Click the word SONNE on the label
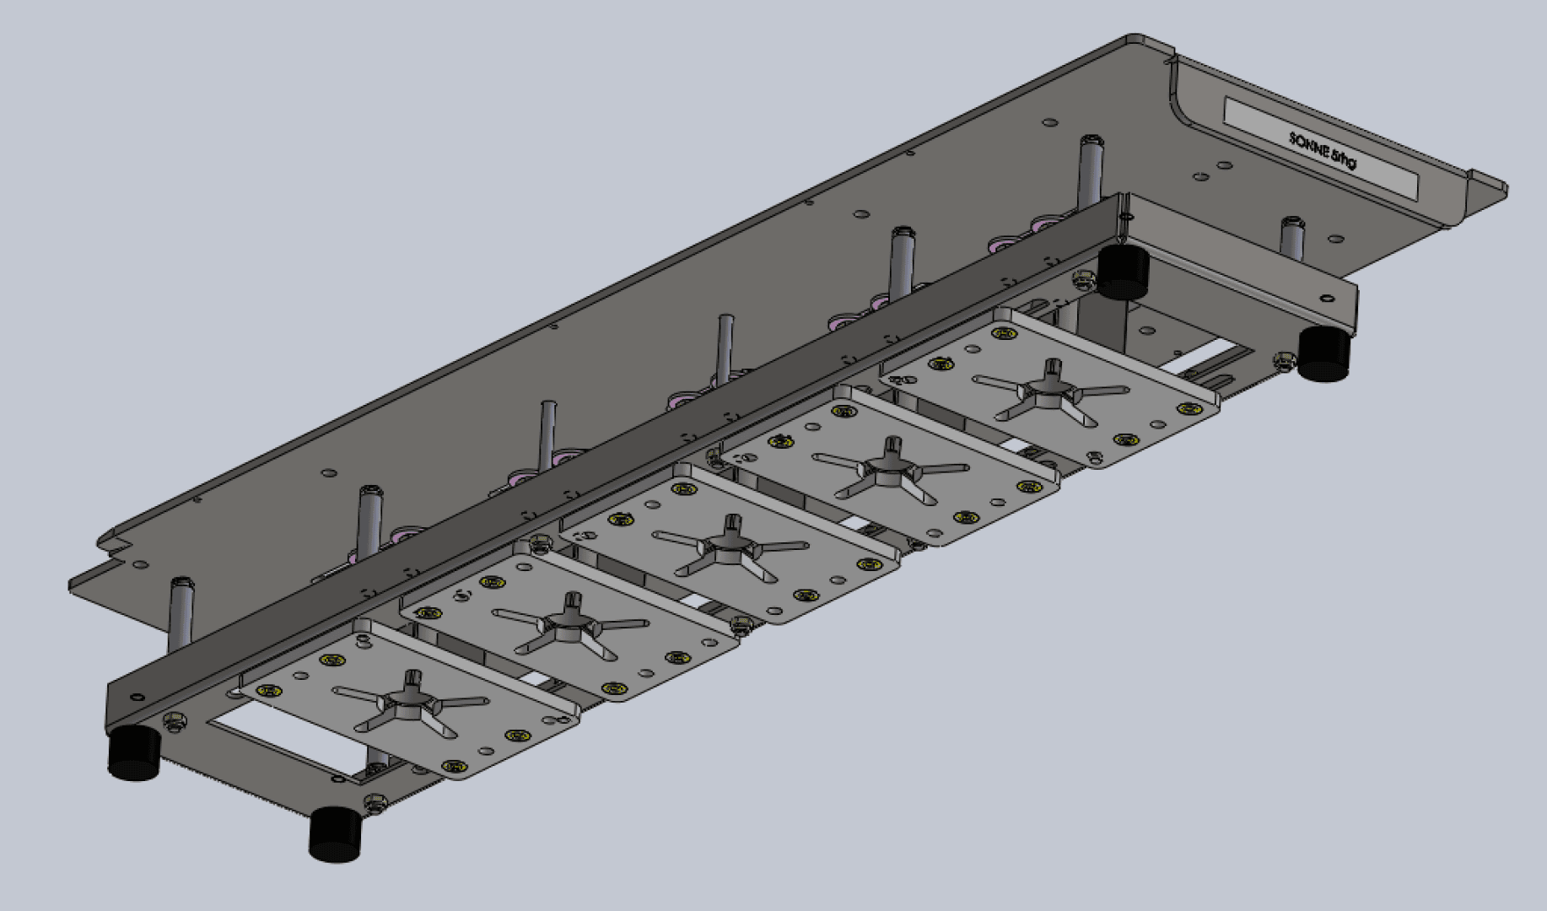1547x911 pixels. (1308, 146)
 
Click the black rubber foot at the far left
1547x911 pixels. (134, 753)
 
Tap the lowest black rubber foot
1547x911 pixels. (335, 834)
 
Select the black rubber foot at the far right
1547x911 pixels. (1323, 354)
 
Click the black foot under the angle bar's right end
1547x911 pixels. (1123, 272)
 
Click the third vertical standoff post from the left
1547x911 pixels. (547, 434)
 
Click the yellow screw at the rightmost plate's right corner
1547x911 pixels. (1190, 409)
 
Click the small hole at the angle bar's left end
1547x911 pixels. (136, 697)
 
